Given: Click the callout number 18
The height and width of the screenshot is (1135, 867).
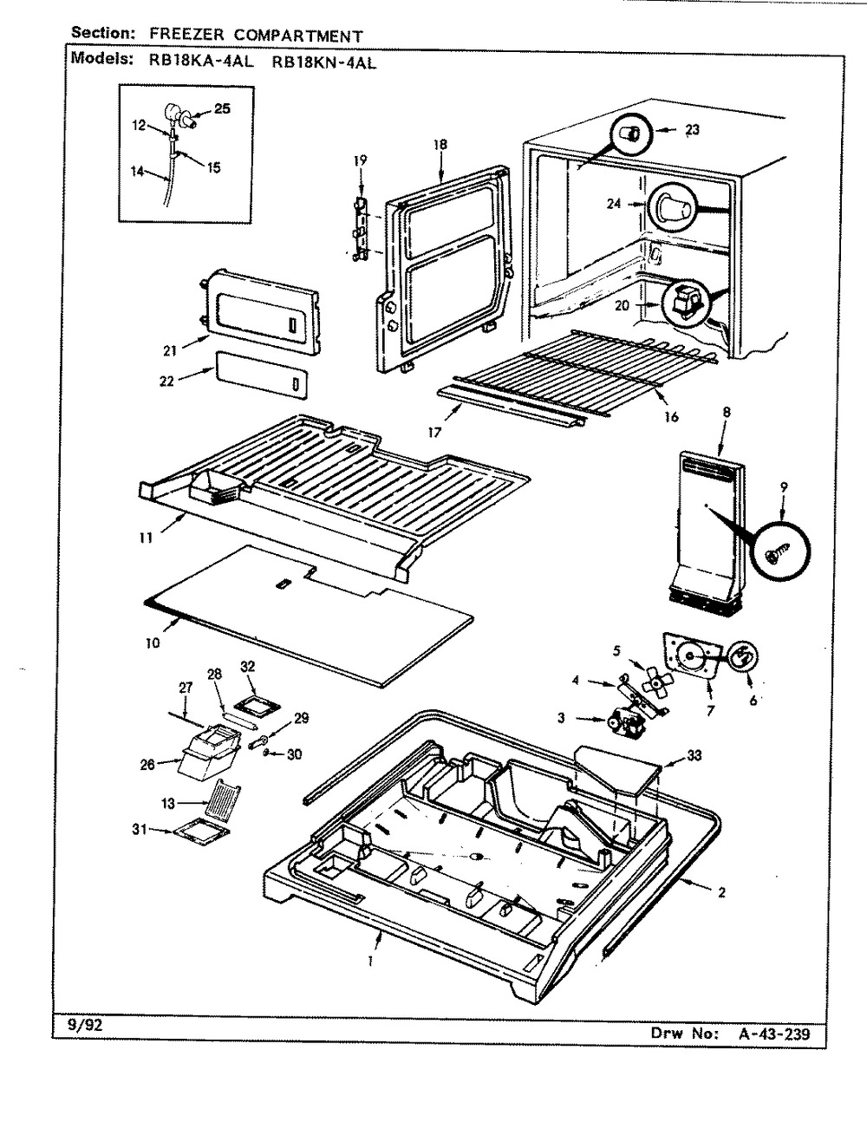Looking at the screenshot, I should point(440,146).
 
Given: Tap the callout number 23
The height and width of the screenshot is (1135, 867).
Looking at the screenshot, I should point(691,130).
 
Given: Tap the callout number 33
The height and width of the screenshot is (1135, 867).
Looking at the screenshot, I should point(694,756).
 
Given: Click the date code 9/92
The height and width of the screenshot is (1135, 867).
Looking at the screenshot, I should point(83,1023).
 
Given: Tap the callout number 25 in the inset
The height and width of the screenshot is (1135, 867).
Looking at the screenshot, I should point(223,109).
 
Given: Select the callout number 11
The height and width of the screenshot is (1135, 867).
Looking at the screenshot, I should point(145,538).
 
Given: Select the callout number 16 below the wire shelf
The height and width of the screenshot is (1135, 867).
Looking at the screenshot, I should point(669,417).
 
